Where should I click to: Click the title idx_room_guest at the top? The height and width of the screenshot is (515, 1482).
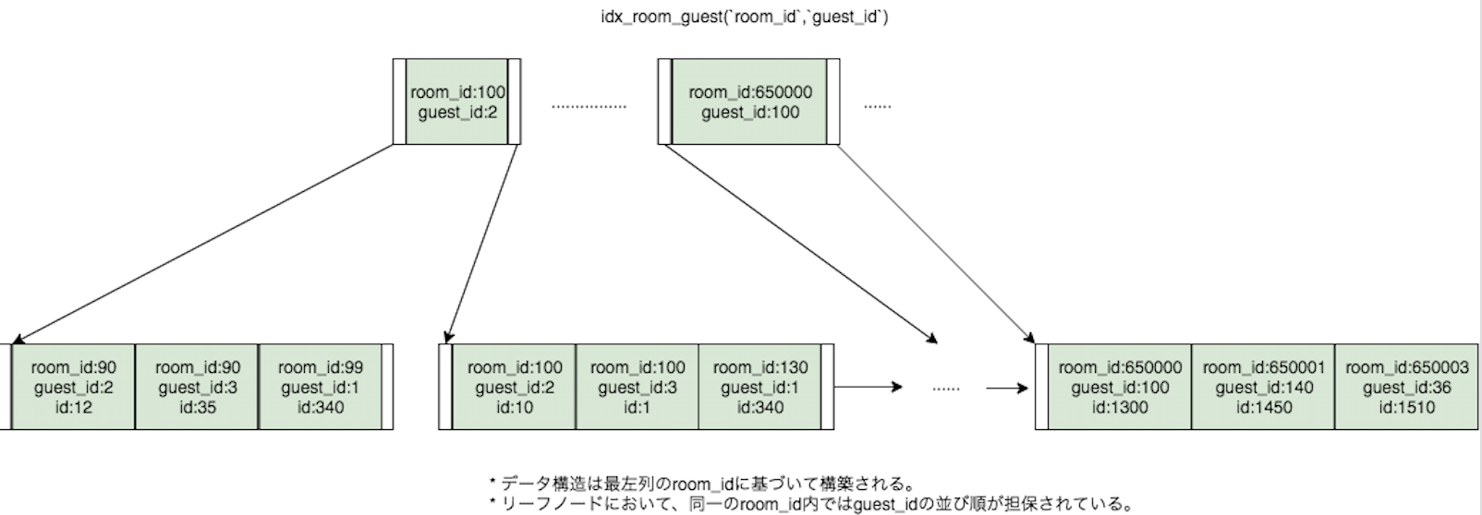click(x=744, y=18)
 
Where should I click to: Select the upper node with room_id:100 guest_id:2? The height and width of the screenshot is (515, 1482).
click(x=457, y=102)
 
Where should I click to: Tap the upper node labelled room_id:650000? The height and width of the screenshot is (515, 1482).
click(x=749, y=102)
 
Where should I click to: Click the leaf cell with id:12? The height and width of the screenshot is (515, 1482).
click(x=74, y=387)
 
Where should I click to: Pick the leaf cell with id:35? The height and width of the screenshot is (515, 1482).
click(x=197, y=387)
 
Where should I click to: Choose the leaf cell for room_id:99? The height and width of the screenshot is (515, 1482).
click(x=321, y=387)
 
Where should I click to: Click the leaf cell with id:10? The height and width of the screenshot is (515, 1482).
click(x=514, y=387)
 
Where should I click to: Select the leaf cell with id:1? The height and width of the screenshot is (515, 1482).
click(x=637, y=387)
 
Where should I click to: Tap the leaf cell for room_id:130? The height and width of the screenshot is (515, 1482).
click(x=759, y=387)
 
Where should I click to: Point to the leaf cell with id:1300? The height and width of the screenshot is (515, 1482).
click(x=1119, y=387)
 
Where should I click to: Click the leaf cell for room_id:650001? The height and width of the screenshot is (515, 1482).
click(x=1263, y=387)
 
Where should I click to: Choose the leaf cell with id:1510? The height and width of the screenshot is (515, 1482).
click(x=1405, y=387)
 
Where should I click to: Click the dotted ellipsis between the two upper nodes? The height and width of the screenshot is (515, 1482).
click(x=589, y=106)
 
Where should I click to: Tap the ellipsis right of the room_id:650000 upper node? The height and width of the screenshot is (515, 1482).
click(x=877, y=106)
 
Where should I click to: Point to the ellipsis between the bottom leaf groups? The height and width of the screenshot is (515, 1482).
click(x=945, y=389)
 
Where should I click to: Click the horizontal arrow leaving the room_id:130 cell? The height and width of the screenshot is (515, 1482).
click(x=868, y=388)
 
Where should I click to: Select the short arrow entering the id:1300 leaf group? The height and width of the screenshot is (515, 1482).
click(x=1007, y=389)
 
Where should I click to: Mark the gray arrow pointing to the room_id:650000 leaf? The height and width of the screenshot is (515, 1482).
click(x=933, y=242)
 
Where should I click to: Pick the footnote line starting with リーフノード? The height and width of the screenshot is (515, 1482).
click(x=810, y=504)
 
